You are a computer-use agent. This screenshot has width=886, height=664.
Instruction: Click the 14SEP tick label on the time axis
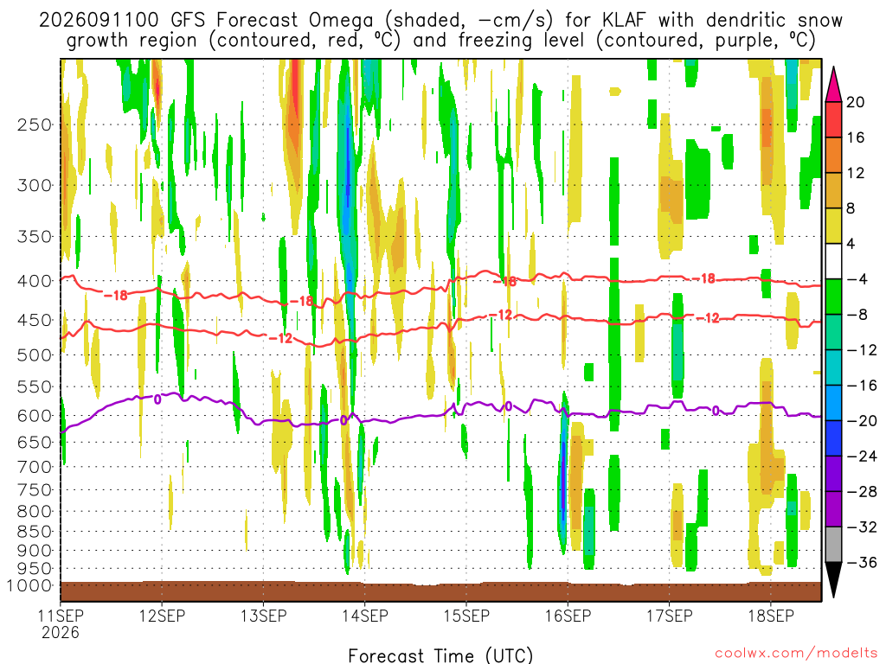pyautogui.click(x=365, y=616)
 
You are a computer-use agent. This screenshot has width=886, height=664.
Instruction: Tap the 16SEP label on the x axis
pyautogui.click(x=568, y=616)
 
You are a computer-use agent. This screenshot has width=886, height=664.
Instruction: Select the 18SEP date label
pyautogui.click(x=771, y=616)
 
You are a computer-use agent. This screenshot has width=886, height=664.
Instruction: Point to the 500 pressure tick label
pyautogui.click(x=35, y=355)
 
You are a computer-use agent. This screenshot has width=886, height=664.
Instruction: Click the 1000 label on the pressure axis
pyautogui.click(x=29, y=585)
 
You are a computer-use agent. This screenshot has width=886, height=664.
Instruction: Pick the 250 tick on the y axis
pyautogui.click(x=35, y=124)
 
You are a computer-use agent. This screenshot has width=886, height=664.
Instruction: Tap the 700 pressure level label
pyautogui.click(x=35, y=467)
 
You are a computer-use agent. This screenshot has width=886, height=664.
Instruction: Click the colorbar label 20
pyautogui.click(x=856, y=102)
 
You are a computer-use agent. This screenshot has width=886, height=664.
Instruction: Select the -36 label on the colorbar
pyautogui.click(x=862, y=562)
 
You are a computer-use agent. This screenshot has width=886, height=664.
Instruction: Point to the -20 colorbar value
pyautogui.click(x=862, y=421)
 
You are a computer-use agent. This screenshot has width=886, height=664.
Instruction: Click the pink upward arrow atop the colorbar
pyautogui.click(x=833, y=85)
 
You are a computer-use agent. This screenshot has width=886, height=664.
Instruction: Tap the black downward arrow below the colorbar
pyautogui.click(x=833, y=580)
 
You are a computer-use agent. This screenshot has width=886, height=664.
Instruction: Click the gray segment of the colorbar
pyautogui.click(x=833, y=545)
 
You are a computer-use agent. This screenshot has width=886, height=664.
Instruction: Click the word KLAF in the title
pyautogui.click(x=623, y=21)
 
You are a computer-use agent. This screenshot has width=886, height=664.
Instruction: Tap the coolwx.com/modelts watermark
pyautogui.click(x=795, y=654)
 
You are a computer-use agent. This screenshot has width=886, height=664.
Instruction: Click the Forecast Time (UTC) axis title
pyautogui.click(x=440, y=655)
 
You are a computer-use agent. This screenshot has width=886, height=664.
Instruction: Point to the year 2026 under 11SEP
pyautogui.click(x=60, y=632)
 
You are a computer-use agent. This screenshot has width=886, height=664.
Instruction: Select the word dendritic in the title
pyautogui.click(x=746, y=21)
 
